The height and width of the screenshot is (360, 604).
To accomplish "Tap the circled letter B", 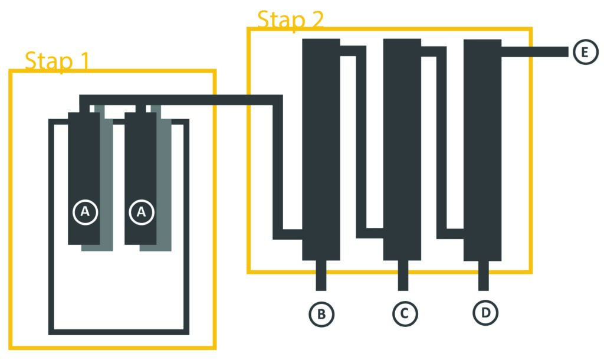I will point(321,314).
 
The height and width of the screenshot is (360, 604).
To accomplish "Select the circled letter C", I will point(404,313).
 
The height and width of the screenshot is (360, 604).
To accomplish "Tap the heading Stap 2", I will point(290,20).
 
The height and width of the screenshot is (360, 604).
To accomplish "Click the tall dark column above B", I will point(321,148).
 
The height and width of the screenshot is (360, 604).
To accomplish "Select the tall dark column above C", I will point(402,148).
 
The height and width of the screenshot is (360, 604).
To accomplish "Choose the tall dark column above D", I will point(482,148).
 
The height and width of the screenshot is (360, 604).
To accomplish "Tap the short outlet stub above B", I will point(321,275).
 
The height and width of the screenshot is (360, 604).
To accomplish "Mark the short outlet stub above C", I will point(403,275).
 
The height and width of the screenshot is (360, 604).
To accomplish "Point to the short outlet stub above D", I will point(483,275).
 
